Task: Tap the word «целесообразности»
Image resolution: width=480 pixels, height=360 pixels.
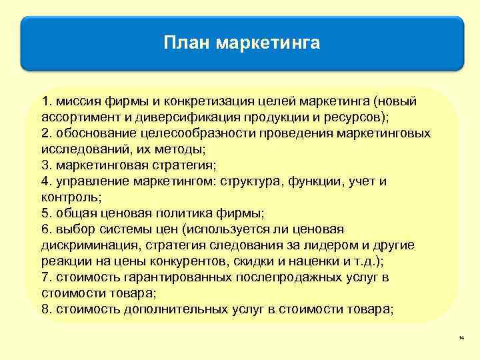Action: [x=185, y=133]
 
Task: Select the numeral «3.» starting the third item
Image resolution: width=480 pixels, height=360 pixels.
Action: [x=46, y=165]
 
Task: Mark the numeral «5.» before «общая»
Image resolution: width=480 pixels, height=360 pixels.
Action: [x=46, y=213]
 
